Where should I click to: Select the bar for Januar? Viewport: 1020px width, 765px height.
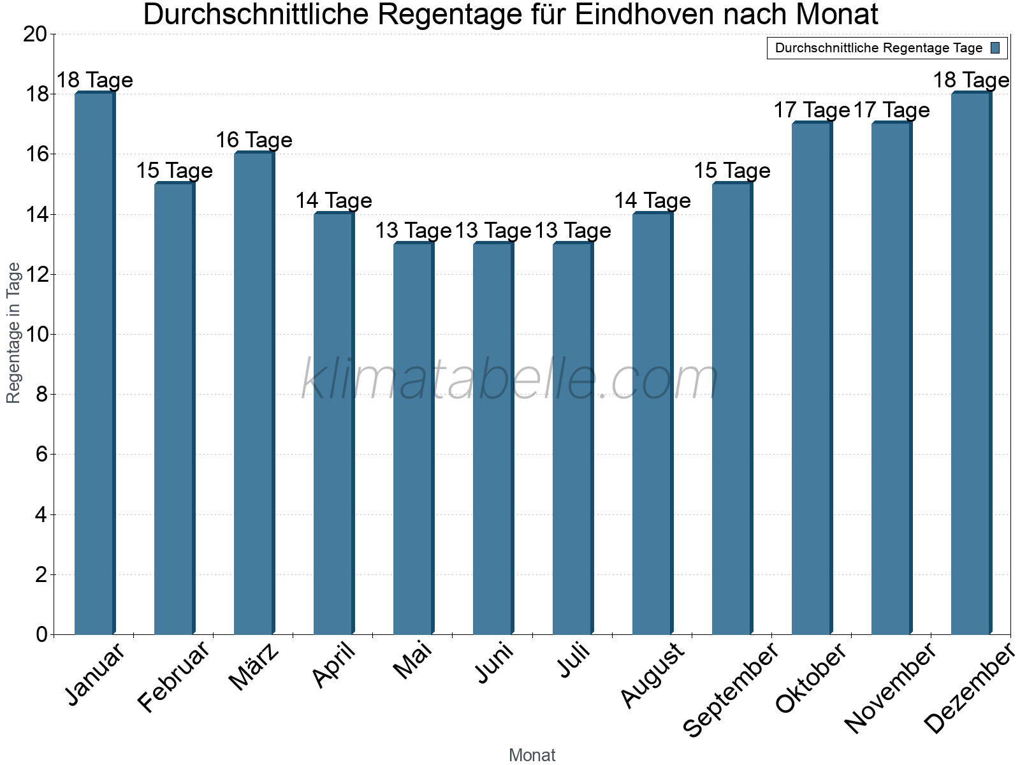[94, 363]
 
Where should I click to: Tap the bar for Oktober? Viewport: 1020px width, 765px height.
[812, 379]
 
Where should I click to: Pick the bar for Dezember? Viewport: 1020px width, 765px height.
[971, 363]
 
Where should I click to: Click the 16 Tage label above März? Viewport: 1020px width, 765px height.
[254, 140]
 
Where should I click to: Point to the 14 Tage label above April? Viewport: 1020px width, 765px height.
[333, 201]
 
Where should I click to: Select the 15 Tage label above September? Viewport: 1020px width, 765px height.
[732, 171]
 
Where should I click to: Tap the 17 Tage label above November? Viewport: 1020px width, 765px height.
[891, 110]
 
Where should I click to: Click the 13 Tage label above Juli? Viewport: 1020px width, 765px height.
[572, 231]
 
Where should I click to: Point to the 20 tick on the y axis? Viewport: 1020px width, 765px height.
[35, 34]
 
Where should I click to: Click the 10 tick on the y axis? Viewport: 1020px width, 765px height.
[35, 335]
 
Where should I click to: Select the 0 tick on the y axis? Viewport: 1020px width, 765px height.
[41, 635]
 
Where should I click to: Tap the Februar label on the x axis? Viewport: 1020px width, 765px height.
[173, 677]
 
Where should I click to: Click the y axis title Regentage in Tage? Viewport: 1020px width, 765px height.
[14, 333]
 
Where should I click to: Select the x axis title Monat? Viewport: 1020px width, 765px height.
[532, 755]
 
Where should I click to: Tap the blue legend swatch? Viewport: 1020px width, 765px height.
[995, 48]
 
